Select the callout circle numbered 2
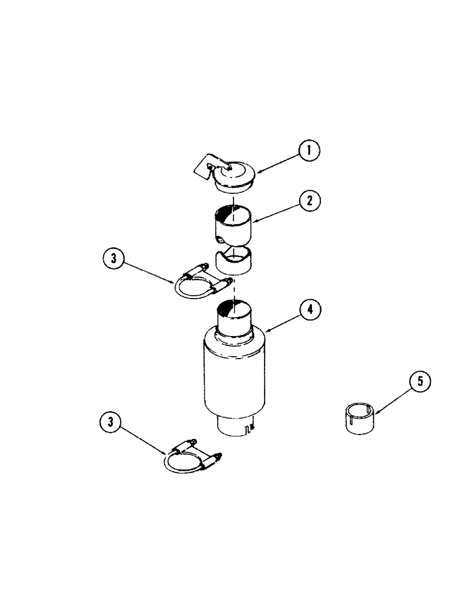click(310, 200)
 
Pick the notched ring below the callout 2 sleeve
click(233, 262)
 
